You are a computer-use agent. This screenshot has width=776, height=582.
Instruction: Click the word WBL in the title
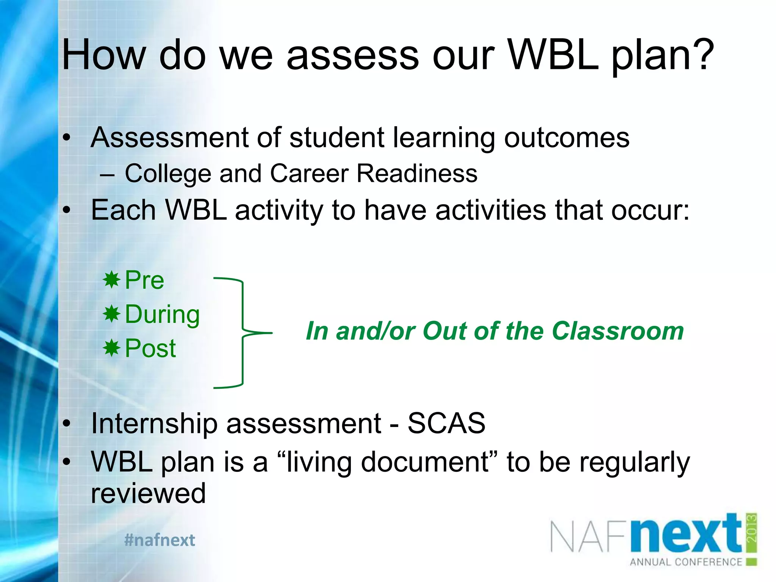click(x=553, y=55)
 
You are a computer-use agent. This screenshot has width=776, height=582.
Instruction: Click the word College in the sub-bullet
click(x=167, y=174)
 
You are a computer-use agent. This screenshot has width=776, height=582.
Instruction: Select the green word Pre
click(x=144, y=280)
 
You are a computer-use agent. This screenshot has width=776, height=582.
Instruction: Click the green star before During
click(x=111, y=314)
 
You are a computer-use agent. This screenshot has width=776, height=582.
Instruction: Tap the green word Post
click(x=150, y=348)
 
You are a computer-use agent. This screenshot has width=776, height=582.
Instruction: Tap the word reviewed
click(x=148, y=493)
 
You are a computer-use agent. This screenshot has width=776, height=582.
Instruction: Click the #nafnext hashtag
click(x=160, y=540)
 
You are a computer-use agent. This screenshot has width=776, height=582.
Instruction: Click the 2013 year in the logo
click(x=752, y=529)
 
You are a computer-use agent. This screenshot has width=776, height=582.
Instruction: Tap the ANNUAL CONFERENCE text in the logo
click(x=686, y=562)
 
